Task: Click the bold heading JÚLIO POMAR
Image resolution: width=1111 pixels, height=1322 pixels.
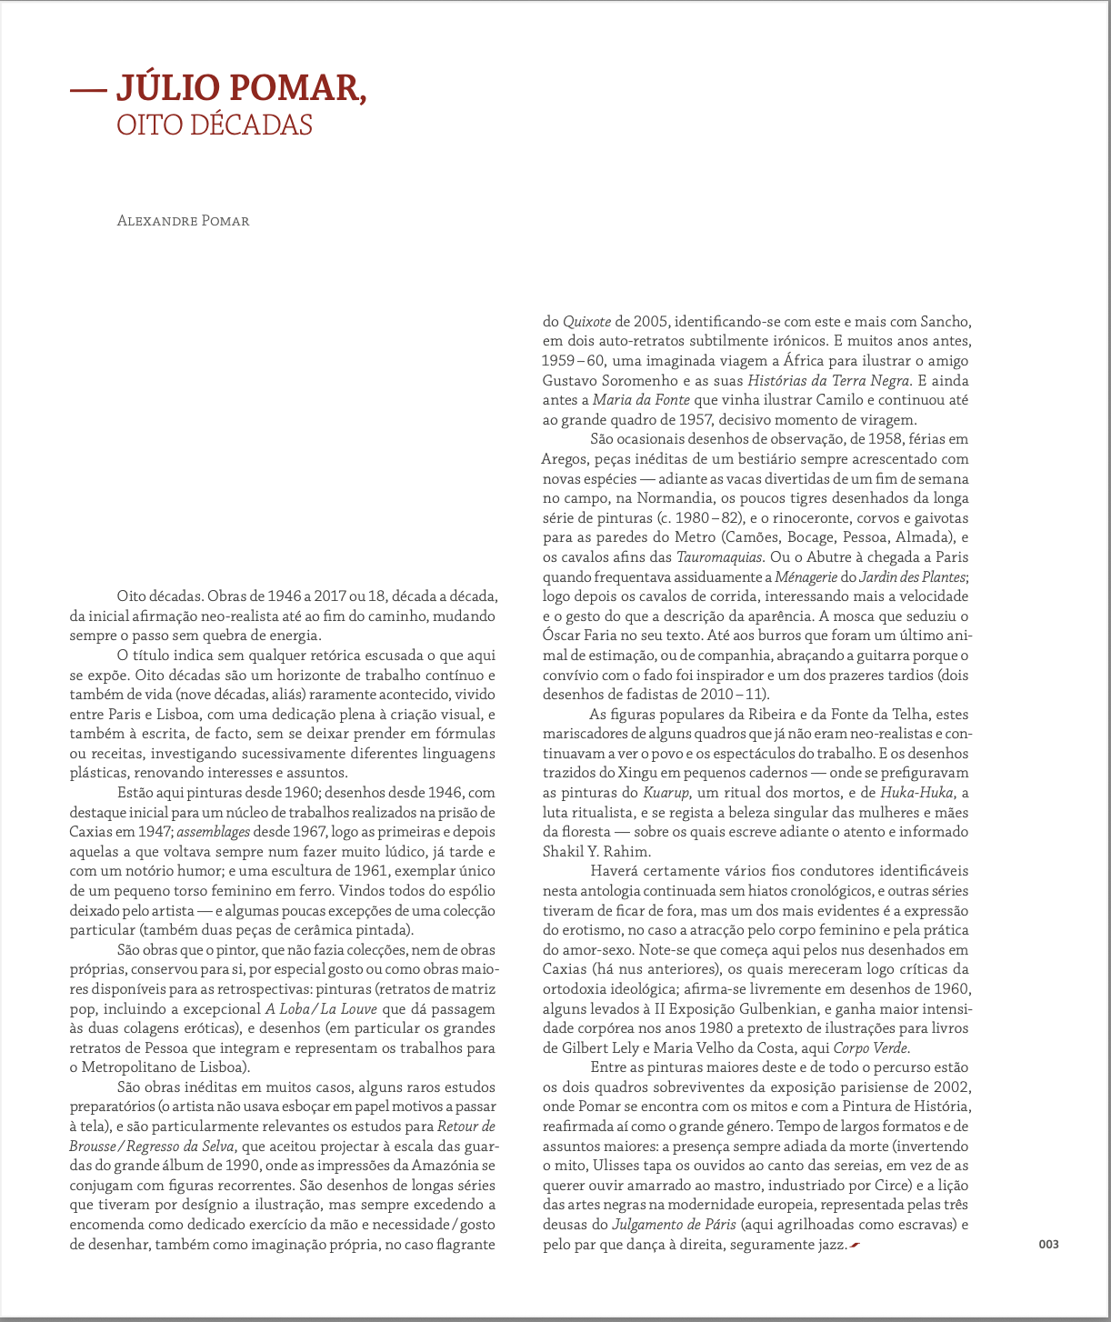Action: [241, 87]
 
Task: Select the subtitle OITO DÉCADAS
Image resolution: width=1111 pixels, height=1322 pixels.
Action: [215, 125]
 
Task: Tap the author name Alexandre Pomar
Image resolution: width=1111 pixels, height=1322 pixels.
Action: [183, 221]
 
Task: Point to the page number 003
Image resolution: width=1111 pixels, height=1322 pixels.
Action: [1048, 1244]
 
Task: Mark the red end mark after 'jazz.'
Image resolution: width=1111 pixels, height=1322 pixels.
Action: [854, 1244]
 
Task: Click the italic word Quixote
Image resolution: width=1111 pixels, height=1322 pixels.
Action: [587, 321]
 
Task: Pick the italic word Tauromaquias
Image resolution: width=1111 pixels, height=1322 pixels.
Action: [721, 557]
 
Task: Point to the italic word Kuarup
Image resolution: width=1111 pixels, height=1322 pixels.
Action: [666, 793]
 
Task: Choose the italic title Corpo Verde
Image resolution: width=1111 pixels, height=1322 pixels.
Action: [871, 1047]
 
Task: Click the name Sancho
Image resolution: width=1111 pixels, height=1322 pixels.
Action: [946, 321]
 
